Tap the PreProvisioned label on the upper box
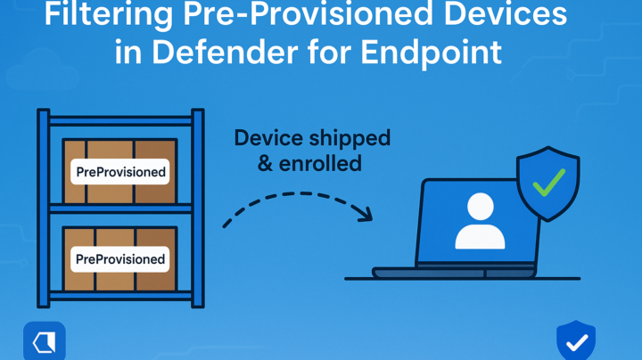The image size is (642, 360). [x=120, y=169]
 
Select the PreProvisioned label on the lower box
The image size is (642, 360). [x=120, y=259]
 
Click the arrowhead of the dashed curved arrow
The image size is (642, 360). [x=364, y=214]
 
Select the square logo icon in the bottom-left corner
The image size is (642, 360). [x=44, y=341]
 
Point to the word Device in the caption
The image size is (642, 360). [x=266, y=138]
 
